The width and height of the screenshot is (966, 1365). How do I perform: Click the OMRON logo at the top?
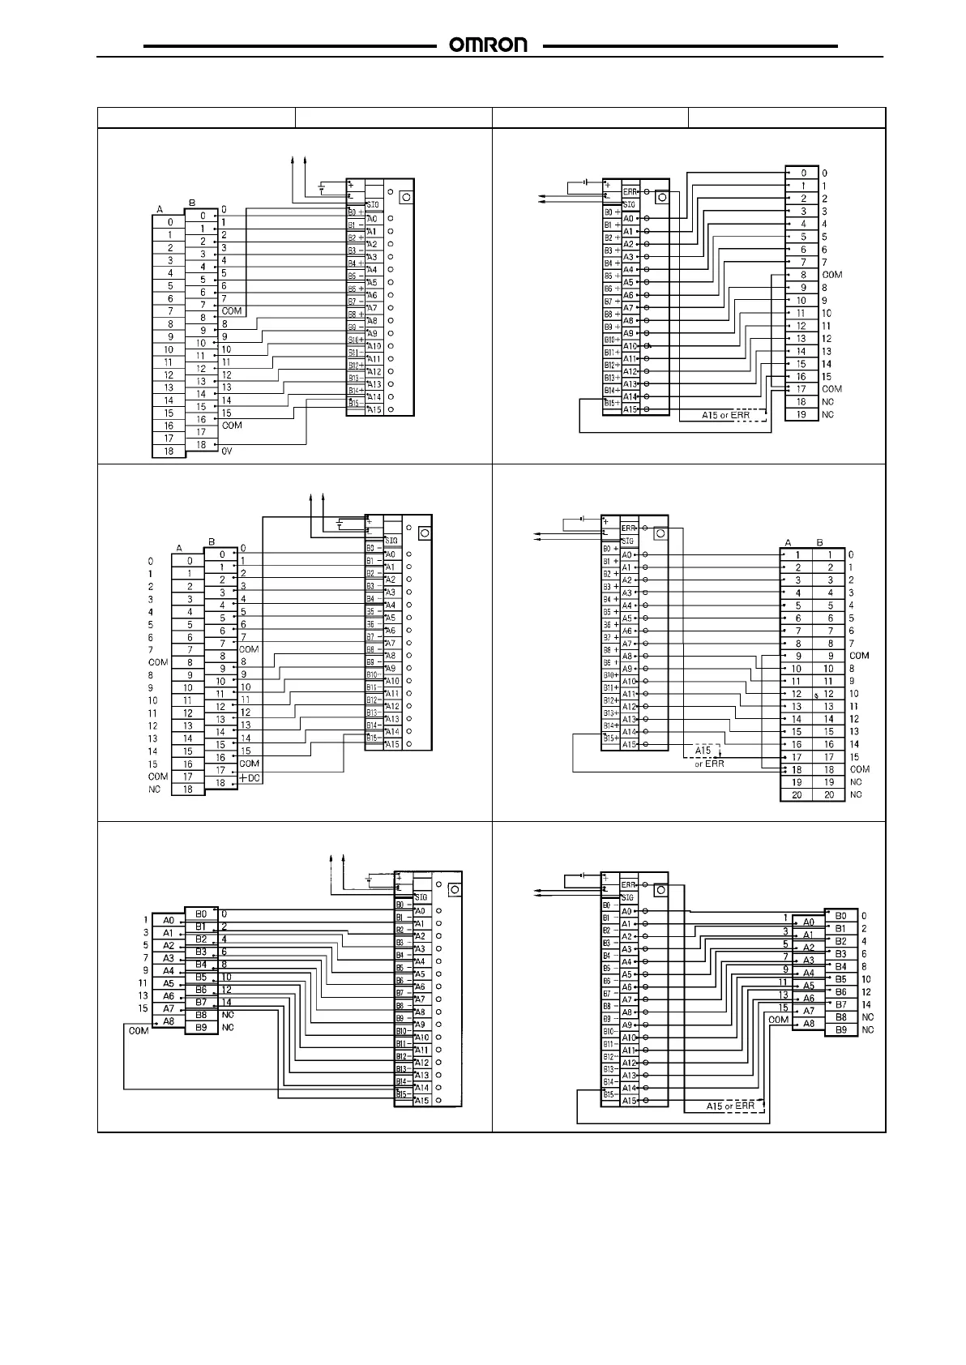point(488,45)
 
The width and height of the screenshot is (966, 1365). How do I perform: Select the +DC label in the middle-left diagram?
point(250,778)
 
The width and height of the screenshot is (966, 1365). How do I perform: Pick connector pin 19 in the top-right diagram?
point(801,414)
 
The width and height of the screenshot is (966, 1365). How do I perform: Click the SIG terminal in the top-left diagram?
point(373,204)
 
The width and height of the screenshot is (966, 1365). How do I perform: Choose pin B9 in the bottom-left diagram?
point(201,1027)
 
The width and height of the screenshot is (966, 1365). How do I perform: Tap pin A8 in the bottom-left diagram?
point(168,1021)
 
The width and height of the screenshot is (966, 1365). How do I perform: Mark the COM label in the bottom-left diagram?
point(138,1032)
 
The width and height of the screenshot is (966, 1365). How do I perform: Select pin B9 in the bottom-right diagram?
point(840,1029)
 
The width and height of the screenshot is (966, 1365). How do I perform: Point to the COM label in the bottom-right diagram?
point(778,1020)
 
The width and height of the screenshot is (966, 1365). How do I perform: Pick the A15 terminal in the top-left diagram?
point(373,409)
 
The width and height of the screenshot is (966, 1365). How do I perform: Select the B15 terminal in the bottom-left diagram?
point(402,1093)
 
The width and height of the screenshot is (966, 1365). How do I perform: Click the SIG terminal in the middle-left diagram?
point(391,540)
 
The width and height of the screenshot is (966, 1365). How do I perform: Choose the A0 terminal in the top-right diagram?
point(628,218)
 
